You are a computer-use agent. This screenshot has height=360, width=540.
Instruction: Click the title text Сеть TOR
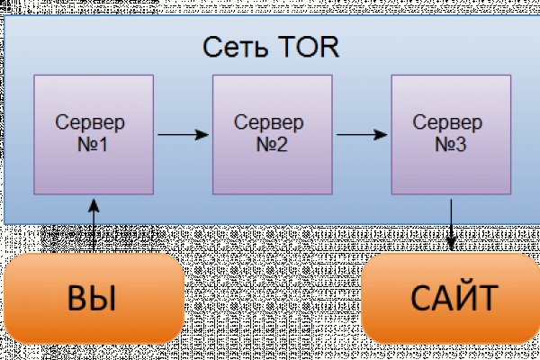[x=271, y=46]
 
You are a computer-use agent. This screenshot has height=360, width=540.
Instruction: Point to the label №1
[x=91, y=142]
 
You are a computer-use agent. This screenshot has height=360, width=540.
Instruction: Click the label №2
[x=270, y=142]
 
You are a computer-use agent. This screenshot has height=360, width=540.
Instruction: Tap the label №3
[x=449, y=142]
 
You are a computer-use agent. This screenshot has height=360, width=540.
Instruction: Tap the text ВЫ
[x=92, y=298]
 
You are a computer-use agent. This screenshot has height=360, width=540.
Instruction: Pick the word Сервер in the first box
[x=91, y=121]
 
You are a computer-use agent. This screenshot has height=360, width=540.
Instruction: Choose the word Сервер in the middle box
[x=270, y=121]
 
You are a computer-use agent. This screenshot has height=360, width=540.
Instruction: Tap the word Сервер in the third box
[x=449, y=121]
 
